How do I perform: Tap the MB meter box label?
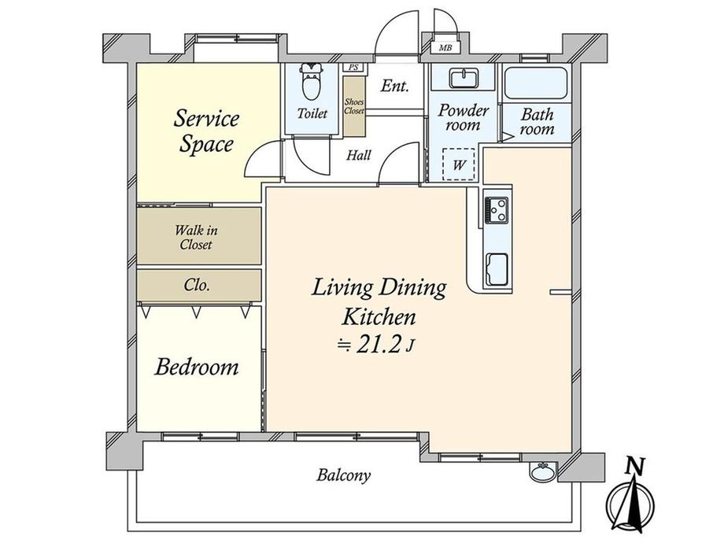pyautogui.click(x=445, y=47)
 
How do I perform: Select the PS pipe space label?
pyautogui.click(x=353, y=68)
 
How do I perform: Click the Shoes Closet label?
pyautogui.click(x=354, y=106)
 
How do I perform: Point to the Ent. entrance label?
pyautogui.click(x=395, y=86)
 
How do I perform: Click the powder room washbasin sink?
pyautogui.click(x=463, y=79)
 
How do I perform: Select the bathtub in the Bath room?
pyautogui.click(x=535, y=83)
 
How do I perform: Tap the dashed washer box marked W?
pyautogui.click(x=459, y=164)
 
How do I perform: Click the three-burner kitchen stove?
pyautogui.click(x=497, y=210)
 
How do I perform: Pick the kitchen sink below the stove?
pyautogui.click(x=497, y=269)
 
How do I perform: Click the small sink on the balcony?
pyautogui.click(x=544, y=471)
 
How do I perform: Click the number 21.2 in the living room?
pyautogui.click(x=379, y=345)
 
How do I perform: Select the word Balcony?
pyautogui.click(x=344, y=475)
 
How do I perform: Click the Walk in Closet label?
pyautogui.click(x=196, y=238)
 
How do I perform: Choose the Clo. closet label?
pyautogui.click(x=197, y=285)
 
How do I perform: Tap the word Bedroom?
pyautogui.click(x=197, y=367)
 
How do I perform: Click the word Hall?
pyautogui.click(x=359, y=155)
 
